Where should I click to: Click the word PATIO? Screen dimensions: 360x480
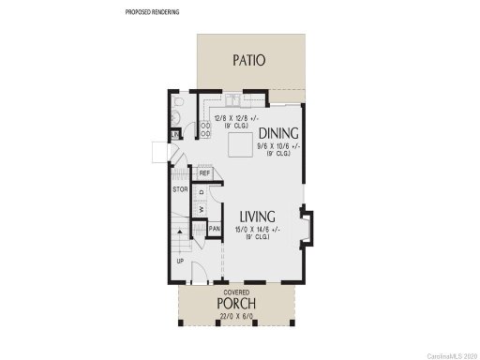[x=248, y=61]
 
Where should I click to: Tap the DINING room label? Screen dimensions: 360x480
[x=278, y=132]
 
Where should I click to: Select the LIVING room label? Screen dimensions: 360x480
[x=256, y=216]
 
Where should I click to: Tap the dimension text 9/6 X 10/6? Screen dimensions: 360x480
[x=278, y=145]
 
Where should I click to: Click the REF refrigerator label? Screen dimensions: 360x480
[x=203, y=173]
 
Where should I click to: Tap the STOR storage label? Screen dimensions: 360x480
[x=180, y=190]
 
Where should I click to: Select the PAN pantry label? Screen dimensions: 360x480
[x=214, y=229]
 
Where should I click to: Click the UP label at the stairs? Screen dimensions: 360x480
[x=180, y=260]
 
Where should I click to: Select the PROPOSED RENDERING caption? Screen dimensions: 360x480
[x=152, y=12]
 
